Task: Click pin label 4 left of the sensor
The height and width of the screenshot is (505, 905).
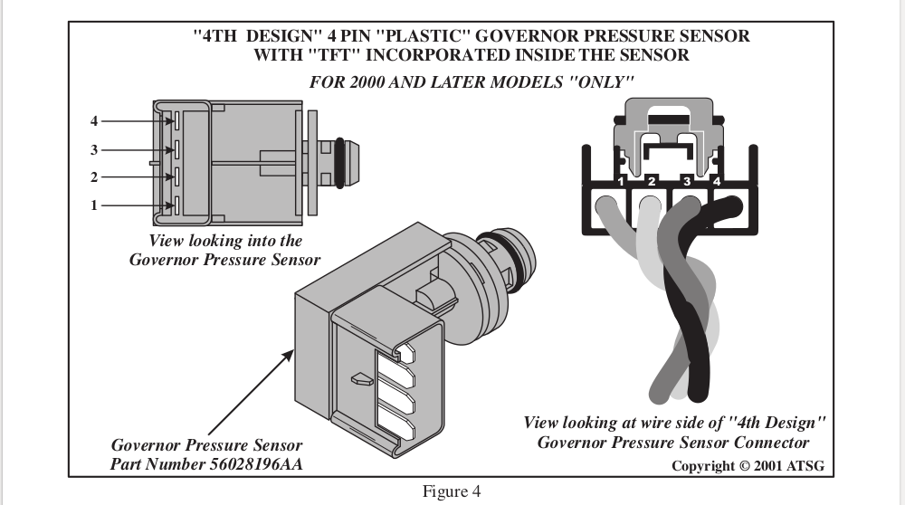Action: pyautogui.click(x=93, y=120)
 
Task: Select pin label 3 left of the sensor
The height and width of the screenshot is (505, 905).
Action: pyautogui.click(x=93, y=149)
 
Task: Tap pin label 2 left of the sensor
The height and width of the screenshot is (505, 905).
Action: pyautogui.click(x=93, y=176)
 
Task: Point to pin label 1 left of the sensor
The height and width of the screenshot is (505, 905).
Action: pyautogui.click(x=93, y=205)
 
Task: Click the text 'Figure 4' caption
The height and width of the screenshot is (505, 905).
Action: pyautogui.click(x=452, y=491)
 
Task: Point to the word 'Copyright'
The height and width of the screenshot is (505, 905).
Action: pyautogui.click(x=707, y=465)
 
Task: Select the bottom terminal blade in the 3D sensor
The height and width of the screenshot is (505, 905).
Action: pyautogui.click(x=403, y=424)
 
